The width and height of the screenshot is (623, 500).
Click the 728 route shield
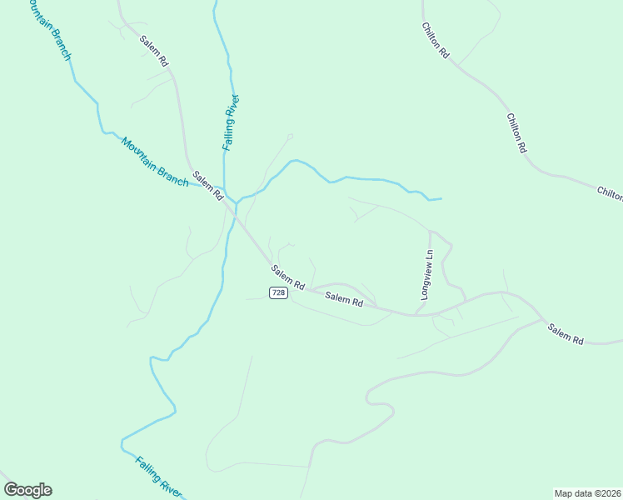(x=278, y=292)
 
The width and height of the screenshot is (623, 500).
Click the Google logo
(x=27, y=490)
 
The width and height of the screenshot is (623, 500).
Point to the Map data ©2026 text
(x=587, y=492)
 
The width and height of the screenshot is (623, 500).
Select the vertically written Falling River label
(x=231, y=122)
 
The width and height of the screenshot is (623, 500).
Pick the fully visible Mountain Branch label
(x=154, y=162)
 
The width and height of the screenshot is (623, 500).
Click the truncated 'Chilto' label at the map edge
(x=610, y=193)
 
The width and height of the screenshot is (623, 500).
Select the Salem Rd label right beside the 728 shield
(x=344, y=299)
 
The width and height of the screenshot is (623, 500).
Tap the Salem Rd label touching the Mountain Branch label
(x=208, y=186)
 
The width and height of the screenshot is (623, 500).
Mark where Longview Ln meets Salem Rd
(x=416, y=314)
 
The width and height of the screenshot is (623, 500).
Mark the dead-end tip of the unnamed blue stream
(x=441, y=198)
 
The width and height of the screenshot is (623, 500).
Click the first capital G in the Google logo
(x=11, y=489)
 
